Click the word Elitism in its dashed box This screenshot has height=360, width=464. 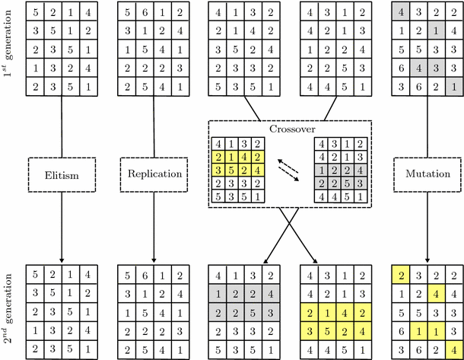(x=59, y=174)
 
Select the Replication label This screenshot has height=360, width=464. (x=153, y=174)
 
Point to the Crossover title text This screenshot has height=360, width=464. (x=290, y=129)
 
